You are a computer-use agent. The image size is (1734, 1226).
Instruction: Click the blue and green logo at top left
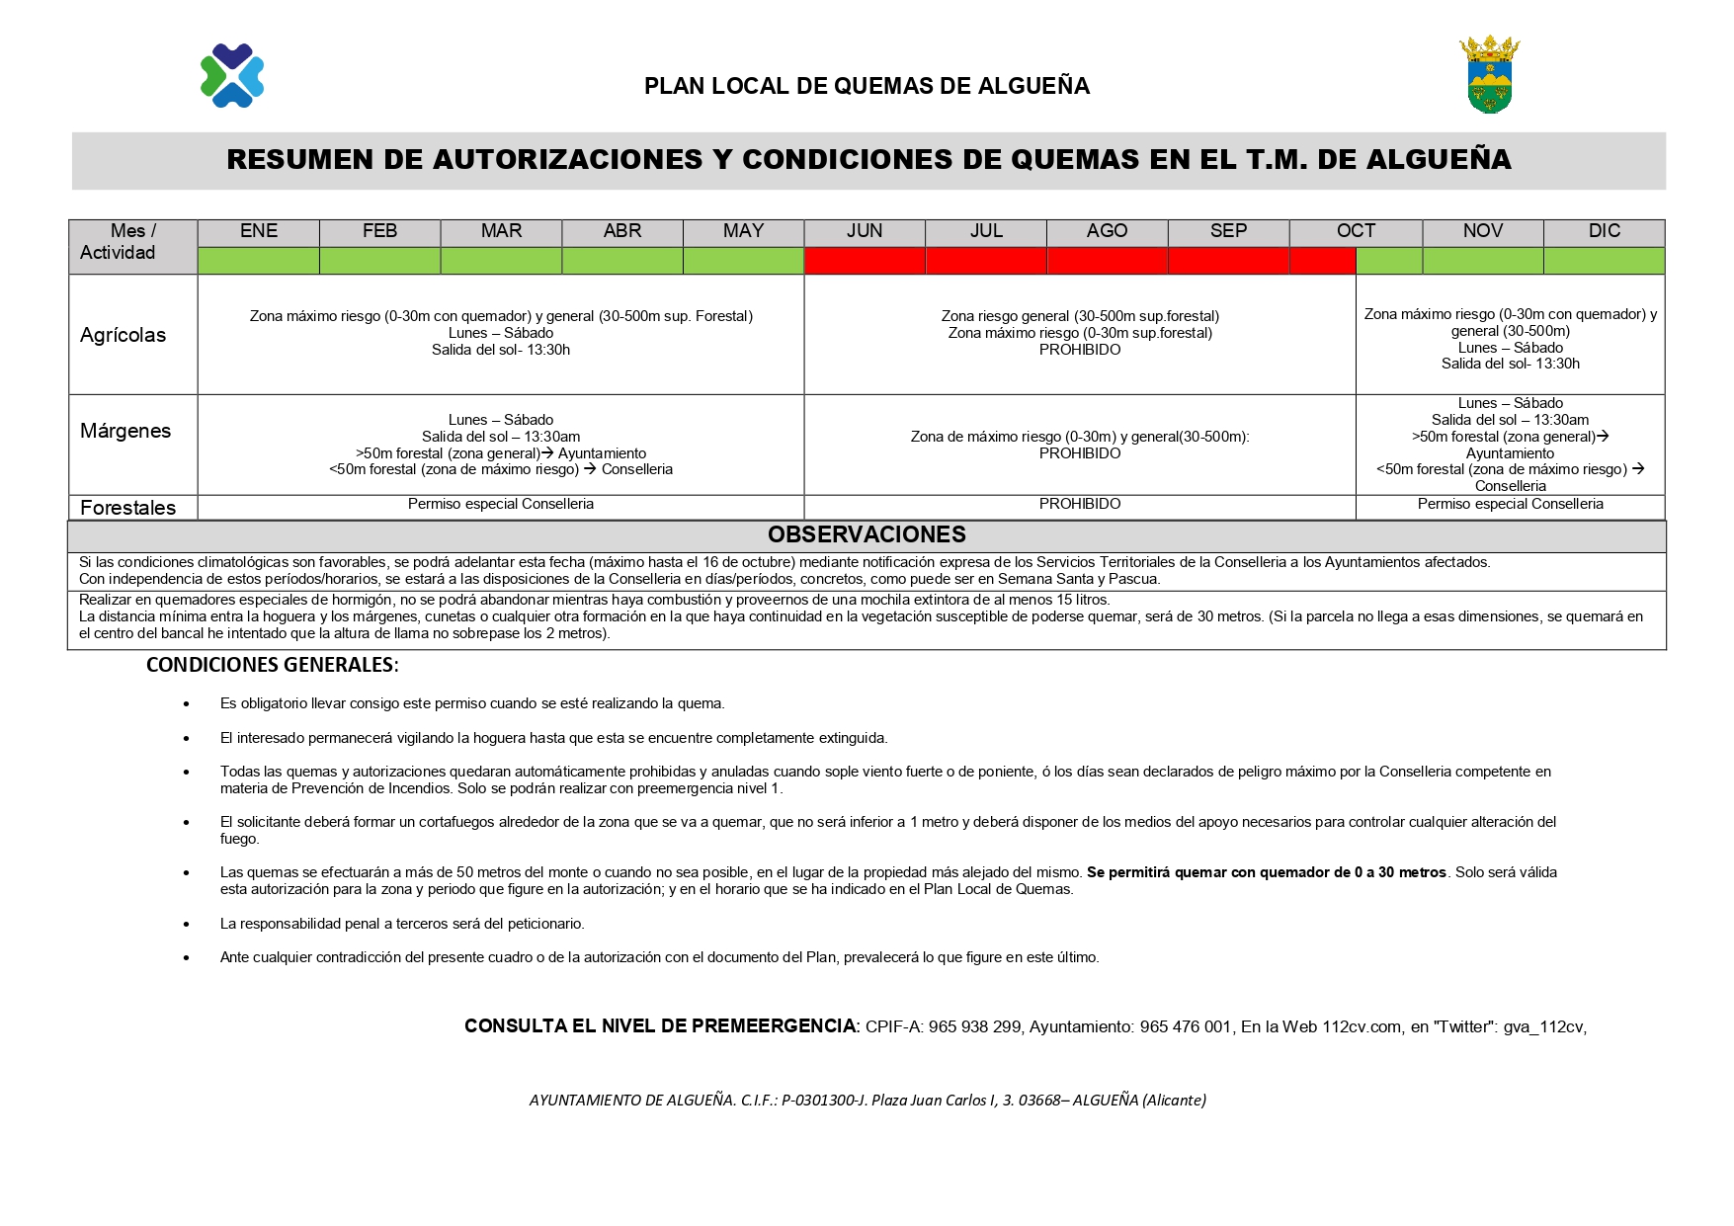coord(232,75)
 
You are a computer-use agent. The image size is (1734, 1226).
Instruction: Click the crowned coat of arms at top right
coord(1489,75)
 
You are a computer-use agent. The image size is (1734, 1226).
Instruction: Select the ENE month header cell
coord(259,231)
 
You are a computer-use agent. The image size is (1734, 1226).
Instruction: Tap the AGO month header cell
coord(1107,231)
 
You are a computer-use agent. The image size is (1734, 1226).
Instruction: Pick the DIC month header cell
coord(1604,231)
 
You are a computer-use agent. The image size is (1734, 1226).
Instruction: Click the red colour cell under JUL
coord(986,261)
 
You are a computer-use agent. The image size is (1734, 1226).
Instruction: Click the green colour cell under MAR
coord(501,261)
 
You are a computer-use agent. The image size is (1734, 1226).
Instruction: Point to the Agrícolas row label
coord(124,335)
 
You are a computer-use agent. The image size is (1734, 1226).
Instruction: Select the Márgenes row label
coord(125,431)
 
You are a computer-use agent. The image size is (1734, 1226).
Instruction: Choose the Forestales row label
coord(128,508)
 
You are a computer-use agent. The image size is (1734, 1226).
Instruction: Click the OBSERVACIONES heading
coord(867,535)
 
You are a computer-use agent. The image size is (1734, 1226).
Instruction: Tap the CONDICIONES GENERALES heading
coord(272,665)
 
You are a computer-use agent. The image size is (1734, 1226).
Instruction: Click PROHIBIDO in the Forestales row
coord(1080,504)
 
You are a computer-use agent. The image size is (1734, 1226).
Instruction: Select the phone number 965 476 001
coord(1185,1027)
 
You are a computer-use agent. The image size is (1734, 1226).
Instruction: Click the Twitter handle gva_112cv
coord(1542,1027)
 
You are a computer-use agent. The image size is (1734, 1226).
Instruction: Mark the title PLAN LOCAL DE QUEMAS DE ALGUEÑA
coord(867,87)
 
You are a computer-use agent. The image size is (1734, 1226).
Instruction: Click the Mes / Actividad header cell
coord(119,242)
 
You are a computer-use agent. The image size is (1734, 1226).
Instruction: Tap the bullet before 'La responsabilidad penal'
coord(187,924)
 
